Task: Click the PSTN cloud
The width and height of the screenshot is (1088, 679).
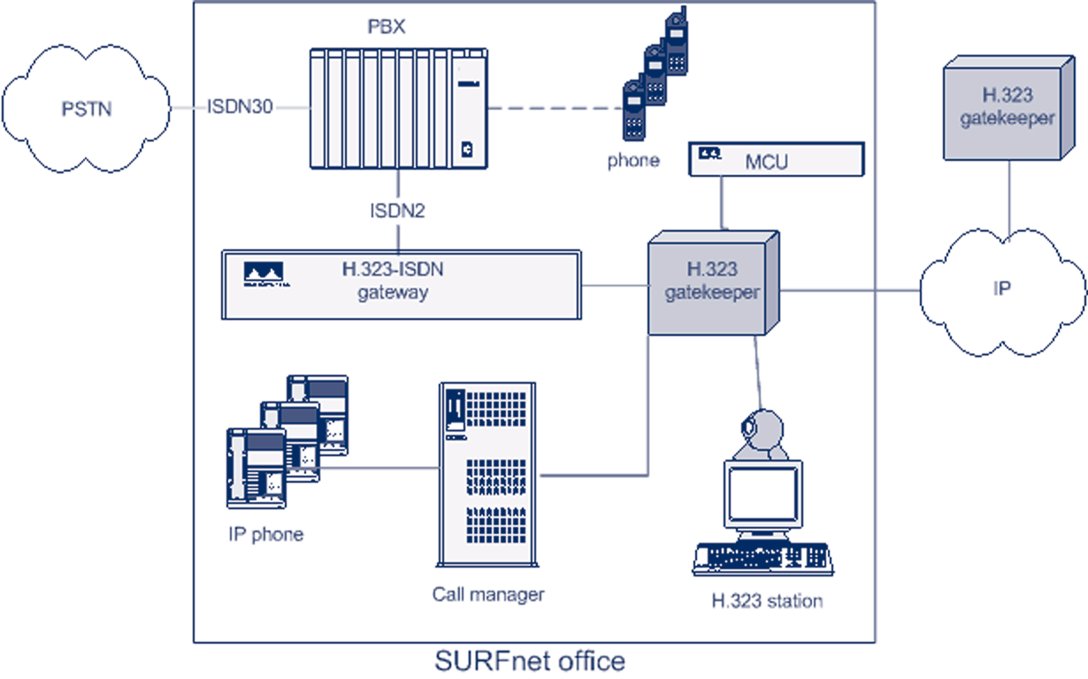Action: pos(86,109)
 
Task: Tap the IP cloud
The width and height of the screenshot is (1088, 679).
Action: pos(1001,288)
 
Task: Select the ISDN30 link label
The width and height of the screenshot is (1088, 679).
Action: pos(241,107)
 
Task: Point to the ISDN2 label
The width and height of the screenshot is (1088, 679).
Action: pos(397,211)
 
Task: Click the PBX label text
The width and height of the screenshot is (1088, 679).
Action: pos(386,26)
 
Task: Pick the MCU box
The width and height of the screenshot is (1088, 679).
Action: pos(776,159)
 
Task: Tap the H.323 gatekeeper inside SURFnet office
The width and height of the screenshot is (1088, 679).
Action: pos(713,283)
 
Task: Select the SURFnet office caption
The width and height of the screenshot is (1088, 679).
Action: pos(530,661)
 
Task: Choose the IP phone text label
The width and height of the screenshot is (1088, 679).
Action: pos(264,534)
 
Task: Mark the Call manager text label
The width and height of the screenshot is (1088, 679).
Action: pos(488,594)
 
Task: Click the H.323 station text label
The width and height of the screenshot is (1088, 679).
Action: pos(767,601)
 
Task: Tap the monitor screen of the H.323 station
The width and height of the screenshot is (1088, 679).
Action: pos(762,494)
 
